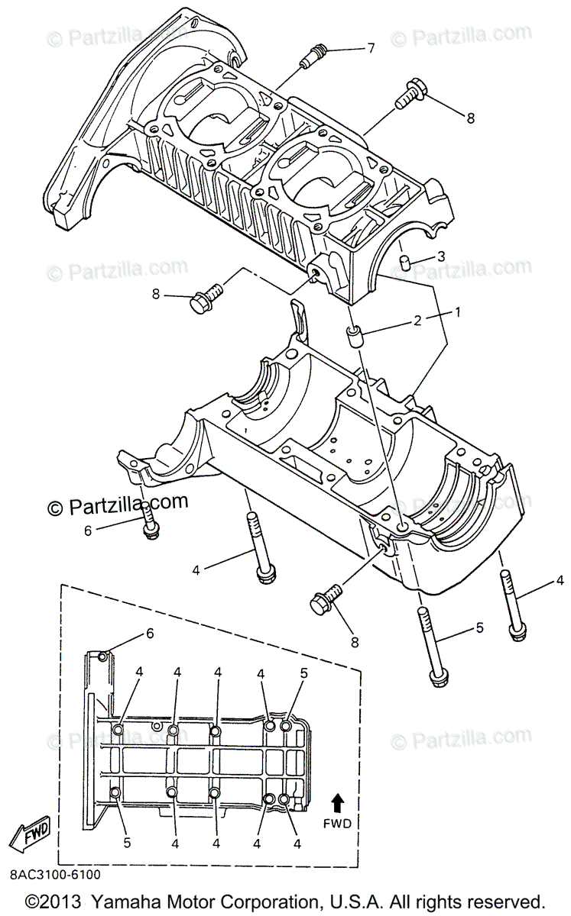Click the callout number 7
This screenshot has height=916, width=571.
point(371,49)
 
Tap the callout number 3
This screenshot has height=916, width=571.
point(440,256)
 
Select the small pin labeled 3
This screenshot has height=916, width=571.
point(406,263)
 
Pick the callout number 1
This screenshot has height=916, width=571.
point(458,312)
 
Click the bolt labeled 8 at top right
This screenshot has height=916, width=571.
point(410,92)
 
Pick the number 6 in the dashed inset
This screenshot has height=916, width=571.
point(150,633)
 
